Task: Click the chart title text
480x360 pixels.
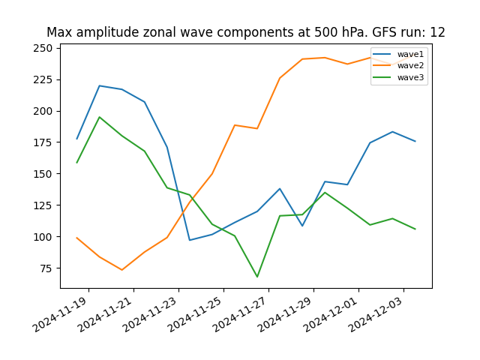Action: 245,32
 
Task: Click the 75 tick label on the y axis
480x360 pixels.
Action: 46,268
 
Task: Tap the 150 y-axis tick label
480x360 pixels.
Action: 43,174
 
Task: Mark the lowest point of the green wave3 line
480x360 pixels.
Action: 257,277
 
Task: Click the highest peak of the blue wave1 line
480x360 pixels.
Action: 100,85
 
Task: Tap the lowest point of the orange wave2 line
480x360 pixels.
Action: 122,270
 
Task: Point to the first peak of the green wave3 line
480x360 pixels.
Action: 100,117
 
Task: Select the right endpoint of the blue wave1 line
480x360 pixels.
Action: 415,141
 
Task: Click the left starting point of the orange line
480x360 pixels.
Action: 77,238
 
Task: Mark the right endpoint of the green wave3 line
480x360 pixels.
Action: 415,229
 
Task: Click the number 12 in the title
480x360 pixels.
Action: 437,32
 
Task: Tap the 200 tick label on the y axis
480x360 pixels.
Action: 43,111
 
